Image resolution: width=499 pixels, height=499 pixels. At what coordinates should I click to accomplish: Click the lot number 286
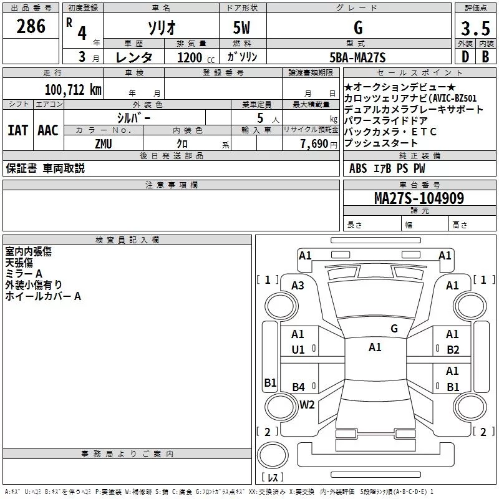[31, 27]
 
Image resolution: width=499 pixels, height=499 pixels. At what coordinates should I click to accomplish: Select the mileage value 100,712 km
[73, 90]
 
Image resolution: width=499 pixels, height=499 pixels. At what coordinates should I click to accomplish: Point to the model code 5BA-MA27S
[357, 57]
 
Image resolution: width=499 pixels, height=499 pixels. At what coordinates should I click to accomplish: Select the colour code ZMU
[104, 143]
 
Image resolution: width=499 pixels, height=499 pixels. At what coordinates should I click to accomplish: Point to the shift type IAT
[18, 130]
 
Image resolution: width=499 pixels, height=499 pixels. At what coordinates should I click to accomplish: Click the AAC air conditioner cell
[48, 130]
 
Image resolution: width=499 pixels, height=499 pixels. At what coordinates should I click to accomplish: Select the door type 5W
[243, 28]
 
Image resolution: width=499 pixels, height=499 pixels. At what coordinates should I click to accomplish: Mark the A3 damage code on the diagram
[298, 285]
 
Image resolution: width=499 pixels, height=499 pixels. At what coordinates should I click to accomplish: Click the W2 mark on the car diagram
[307, 404]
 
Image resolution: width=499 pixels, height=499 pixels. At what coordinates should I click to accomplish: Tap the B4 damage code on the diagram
[298, 387]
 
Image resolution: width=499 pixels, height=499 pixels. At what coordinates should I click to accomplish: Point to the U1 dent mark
[298, 350]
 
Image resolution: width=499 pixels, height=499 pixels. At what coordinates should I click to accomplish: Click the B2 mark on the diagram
[453, 350]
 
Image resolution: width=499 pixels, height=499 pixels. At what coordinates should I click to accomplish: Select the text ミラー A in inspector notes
[24, 274]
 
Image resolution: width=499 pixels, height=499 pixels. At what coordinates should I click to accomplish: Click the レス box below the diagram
[272, 477]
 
